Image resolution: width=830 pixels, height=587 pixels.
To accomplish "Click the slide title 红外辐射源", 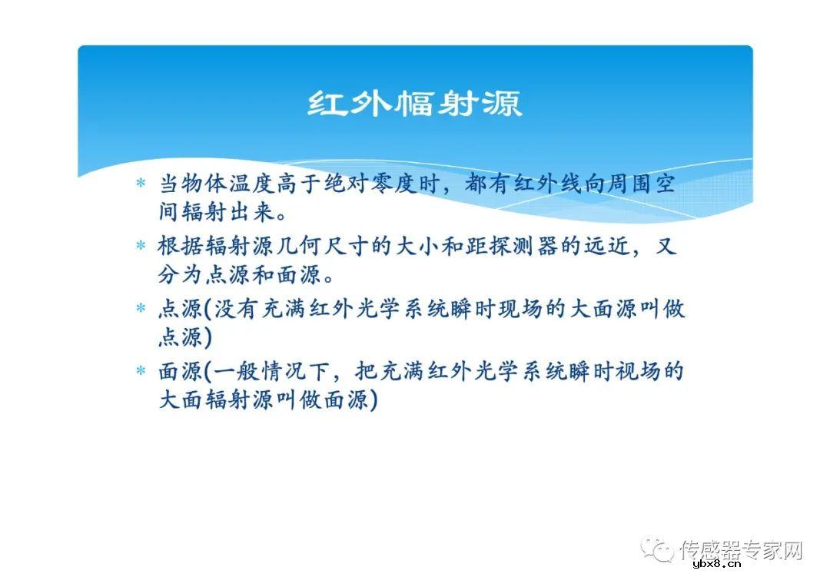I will tap(415, 104).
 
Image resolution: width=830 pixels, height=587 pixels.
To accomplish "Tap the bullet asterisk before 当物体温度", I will tap(141, 184).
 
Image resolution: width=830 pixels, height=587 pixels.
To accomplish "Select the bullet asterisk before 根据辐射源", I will tap(141, 246).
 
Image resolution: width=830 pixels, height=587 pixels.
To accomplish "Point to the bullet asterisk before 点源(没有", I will tap(141, 309).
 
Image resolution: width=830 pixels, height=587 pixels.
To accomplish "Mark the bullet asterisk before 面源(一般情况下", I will tap(141, 372).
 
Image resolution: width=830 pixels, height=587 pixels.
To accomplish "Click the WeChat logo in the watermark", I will tap(659, 549).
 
